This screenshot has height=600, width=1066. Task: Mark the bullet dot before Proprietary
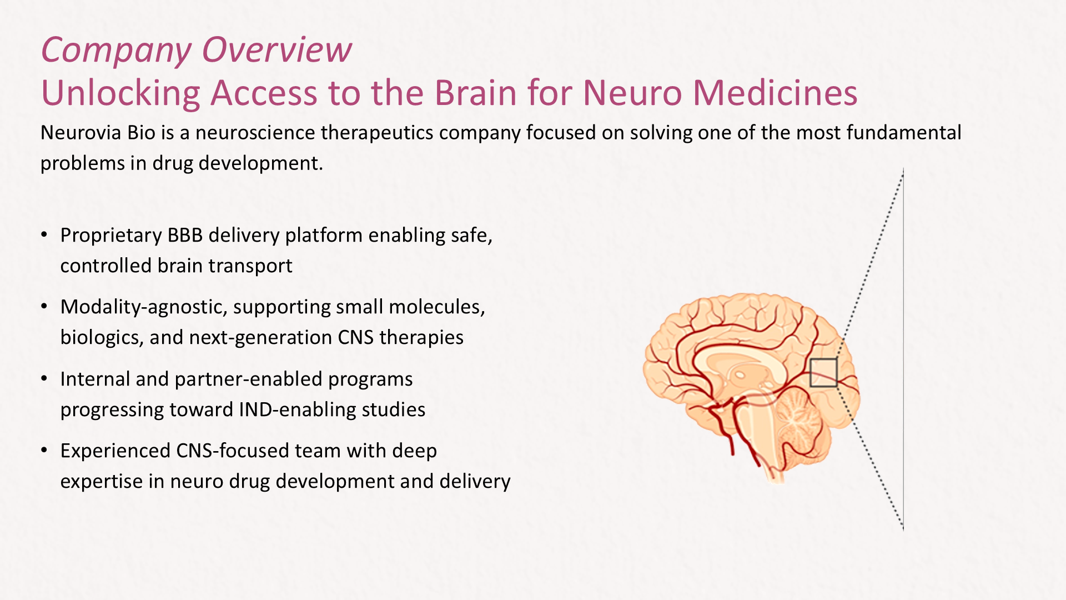(x=44, y=235)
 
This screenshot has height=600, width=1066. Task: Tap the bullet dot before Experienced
(x=44, y=451)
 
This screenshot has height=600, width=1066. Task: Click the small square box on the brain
(x=823, y=373)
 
